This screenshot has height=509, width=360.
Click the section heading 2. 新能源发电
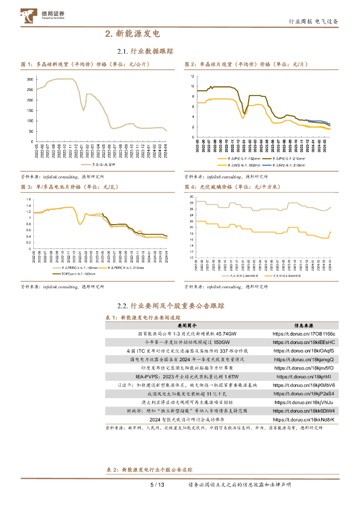(132, 34)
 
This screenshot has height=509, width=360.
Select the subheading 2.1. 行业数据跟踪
(145, 51)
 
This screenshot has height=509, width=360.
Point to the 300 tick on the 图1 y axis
(30, 80)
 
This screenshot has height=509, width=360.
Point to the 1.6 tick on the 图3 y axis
(29, 200)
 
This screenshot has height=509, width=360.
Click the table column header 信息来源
(304, 326)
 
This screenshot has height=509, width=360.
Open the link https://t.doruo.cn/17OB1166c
(304, 334)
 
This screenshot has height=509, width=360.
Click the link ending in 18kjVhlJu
(304, 402)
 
